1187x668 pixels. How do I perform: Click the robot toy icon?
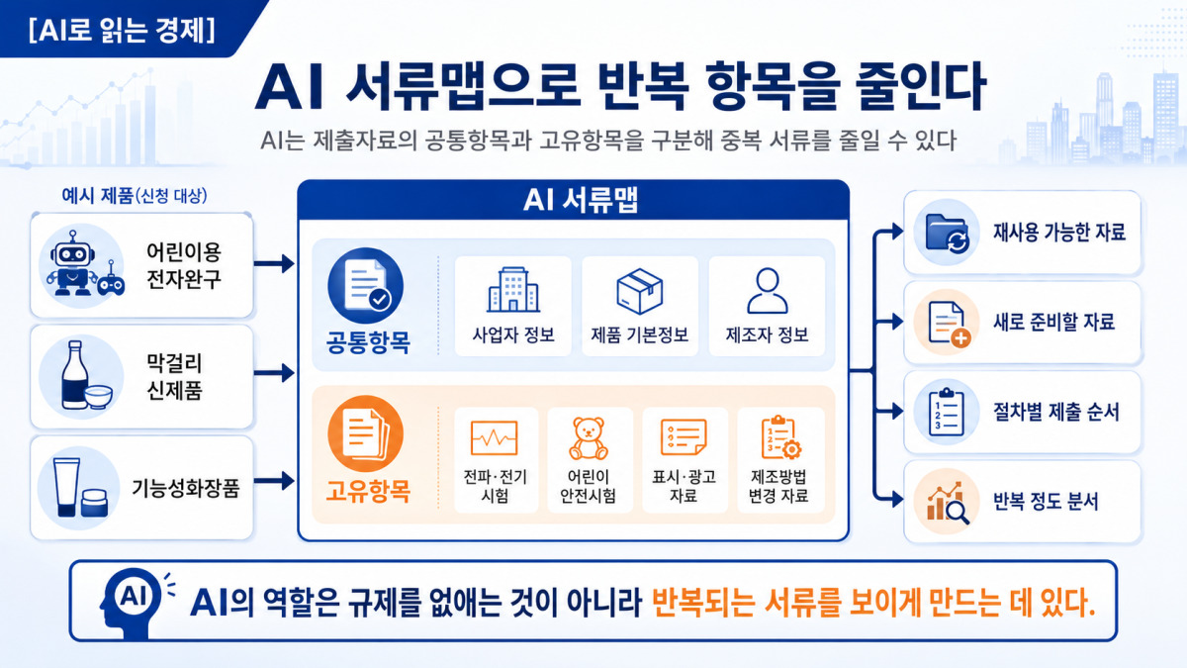[71, 264]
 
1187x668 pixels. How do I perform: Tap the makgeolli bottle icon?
[75, 375]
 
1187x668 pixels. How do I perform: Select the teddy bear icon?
[589, 438]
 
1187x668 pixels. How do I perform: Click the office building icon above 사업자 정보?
[513, 289]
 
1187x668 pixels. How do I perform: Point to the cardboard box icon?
[640, 291]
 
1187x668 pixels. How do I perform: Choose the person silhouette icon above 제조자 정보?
[768, 291]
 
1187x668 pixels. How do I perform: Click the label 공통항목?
[368, 342]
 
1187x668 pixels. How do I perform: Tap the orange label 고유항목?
[368, 491]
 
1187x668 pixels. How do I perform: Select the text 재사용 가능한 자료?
[1058, 233]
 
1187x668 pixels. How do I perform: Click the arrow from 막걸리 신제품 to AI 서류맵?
[274, 373]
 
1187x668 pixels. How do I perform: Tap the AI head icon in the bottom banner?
[133, 602]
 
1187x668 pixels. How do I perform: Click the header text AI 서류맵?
[581, 200]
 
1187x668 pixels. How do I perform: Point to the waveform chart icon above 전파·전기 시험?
[494, 437]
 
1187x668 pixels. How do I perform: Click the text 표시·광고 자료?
[684, 486]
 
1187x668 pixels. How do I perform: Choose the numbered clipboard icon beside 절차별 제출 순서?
[947, 412]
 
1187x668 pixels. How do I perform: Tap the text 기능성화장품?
[186, 488]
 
